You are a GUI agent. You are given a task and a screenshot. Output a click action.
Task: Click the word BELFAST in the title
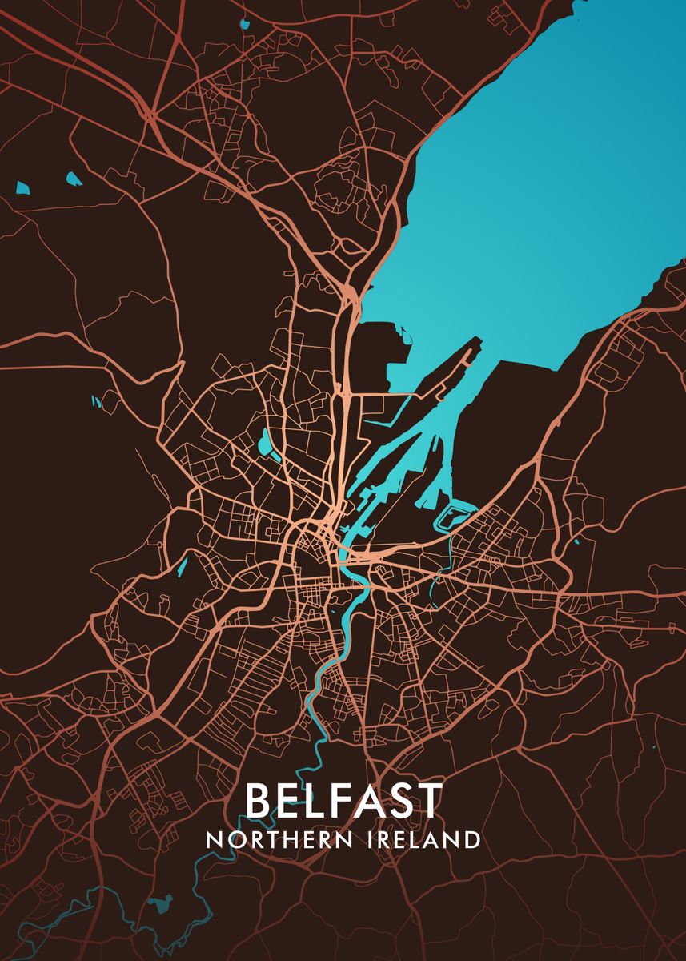click(343, 800)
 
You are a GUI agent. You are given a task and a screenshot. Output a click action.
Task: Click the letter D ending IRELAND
click(471, 840)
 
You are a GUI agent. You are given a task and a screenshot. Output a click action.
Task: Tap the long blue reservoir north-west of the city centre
click(265, 443)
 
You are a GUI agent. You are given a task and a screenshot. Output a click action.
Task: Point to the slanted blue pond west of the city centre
click(183, 566)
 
